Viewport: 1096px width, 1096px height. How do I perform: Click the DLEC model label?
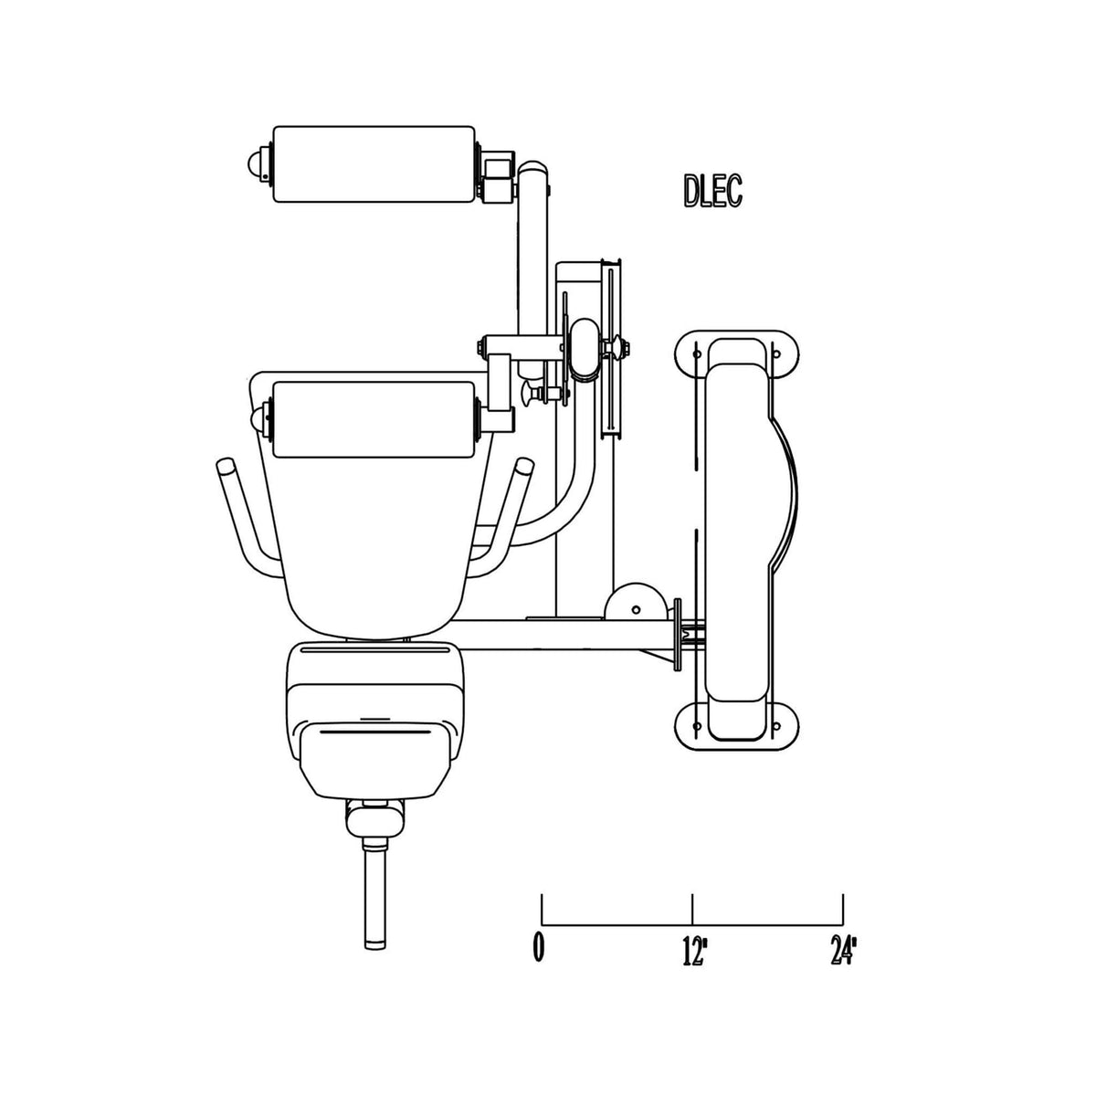[x=712, y=191]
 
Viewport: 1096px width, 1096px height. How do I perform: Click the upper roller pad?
[x=374, y=163]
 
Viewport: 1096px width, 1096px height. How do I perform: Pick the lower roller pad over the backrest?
[x=374, y=418]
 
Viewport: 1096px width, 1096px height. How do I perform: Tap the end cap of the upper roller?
[x=255, y=164]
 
